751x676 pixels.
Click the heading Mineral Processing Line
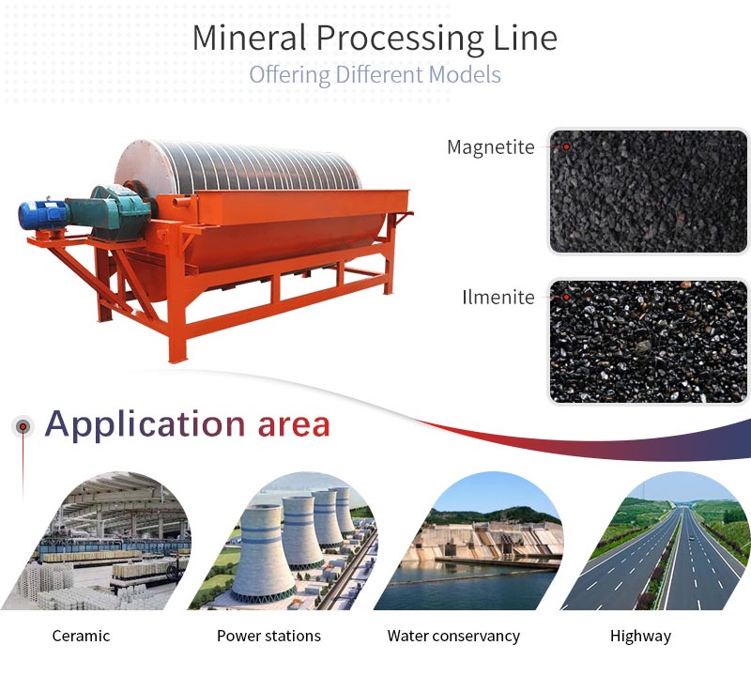coord(375,38)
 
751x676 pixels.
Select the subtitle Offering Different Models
coord(375,75)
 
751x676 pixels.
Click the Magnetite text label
coord(490,147)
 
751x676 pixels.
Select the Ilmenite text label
coord(498,297)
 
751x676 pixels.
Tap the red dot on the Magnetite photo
coord(566,146)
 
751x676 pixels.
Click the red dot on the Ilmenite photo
coord(566,297)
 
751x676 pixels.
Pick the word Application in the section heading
coord(146,425)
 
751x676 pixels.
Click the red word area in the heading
coord(294,425)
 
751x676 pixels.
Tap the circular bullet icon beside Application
coord(23,426)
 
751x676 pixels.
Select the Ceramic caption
coord(81,636)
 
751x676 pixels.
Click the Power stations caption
coord(268,636)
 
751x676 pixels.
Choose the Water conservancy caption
coord(453,637)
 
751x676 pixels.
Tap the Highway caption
coord(640,637)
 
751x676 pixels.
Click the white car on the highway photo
coord(690,539)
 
